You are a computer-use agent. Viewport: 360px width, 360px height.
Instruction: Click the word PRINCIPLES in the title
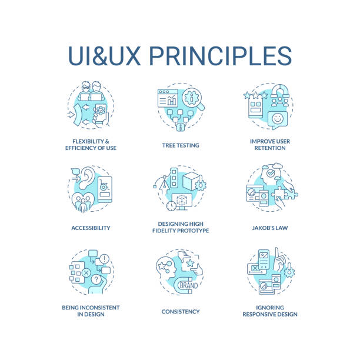coord(221,56)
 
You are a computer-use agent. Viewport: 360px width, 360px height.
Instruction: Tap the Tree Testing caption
coord(181,145)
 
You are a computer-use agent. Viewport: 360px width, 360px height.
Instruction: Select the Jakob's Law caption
coord(270,228)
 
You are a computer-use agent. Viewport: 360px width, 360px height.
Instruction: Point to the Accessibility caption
coord(91,228)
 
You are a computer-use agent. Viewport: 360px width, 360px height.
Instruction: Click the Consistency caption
coord(181,312)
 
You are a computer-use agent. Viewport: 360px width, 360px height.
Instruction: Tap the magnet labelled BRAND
coord(186,285)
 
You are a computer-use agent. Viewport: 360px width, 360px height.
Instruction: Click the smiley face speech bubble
coord(277,120)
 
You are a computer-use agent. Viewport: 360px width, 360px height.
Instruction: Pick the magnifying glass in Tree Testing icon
coord(194,99)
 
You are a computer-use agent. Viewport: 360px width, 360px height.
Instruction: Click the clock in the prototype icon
coord(171,206)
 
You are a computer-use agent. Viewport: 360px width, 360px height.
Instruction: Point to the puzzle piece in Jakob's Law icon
coord(284,192)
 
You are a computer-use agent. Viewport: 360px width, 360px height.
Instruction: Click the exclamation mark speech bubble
coord(105,259)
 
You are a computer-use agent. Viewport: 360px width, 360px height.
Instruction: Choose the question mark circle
coord(96,279)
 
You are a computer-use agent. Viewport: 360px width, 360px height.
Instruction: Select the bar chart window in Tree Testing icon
coord(168,98)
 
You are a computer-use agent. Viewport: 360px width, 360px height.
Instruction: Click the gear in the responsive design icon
coord(289,272)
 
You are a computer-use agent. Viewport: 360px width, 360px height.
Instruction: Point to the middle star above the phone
coord(255,95)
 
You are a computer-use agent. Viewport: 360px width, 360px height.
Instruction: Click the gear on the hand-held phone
coord(101,111)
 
